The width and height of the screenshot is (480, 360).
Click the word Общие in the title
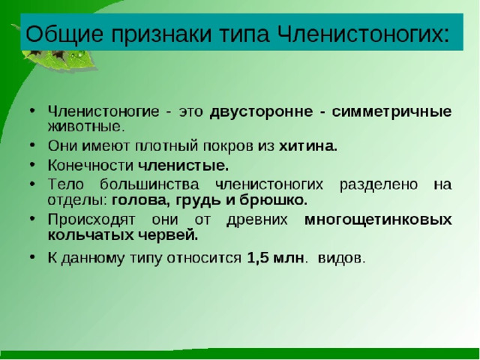coord(64,33)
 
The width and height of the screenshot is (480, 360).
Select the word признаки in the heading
coord(161,34)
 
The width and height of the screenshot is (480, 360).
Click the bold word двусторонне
coord(262,112)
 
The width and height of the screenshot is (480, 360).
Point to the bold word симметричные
coord(391,112)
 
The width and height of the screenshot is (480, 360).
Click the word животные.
coord(86,127)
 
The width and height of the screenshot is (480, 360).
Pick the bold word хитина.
coord(308,146)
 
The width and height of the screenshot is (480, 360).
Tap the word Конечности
coord(91,166)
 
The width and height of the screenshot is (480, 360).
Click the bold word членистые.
coord(183,166)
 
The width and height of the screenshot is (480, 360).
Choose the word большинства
coord(149,184)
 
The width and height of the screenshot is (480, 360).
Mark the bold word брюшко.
coord(273,200)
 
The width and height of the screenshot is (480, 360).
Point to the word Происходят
coord(91,220)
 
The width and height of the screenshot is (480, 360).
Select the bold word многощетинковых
coord(378,220)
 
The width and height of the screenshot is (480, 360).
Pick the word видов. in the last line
coord(342,258)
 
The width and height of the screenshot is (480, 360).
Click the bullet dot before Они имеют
coord(32,145)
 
